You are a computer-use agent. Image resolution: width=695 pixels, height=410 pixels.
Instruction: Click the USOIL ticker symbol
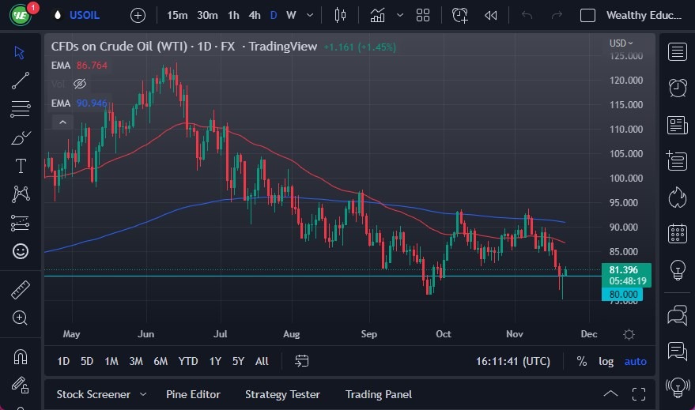(x=85, y=15)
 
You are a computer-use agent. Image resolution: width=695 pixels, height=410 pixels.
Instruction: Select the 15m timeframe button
(x=177, y=15)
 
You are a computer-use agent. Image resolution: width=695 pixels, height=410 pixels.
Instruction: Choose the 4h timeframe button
(x=254, y=15)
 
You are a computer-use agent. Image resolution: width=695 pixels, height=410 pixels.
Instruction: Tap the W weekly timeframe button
(x=291, y=15)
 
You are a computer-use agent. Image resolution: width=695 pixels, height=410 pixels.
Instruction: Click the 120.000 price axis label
(x=625, y=80)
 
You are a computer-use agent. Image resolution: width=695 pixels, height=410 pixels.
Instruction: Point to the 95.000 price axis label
(x=625, y=202)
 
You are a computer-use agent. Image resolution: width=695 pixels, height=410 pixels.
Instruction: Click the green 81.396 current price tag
(x=625, y=269)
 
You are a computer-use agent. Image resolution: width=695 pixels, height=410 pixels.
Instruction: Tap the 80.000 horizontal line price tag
(x=621, y=294)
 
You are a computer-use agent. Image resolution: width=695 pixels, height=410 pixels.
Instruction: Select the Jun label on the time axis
(x=146, y=333)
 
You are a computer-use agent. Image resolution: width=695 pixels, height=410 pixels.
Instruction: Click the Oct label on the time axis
(x=444, y=333)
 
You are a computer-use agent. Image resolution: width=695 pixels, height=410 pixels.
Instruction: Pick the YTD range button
(x=188, y=361)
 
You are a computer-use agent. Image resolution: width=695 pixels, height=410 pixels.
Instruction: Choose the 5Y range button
(x=238, y=361)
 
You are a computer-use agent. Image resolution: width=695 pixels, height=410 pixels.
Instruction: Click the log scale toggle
(x=606, y=361)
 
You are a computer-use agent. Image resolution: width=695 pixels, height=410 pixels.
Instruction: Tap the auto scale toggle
(x=635, y=361)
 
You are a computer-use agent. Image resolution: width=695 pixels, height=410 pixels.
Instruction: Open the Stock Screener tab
(x=93, y=394)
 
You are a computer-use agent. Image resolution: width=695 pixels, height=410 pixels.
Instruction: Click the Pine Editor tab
(x=193, y=394)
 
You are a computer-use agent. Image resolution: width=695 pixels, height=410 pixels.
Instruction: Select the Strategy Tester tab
(x=282, y=394)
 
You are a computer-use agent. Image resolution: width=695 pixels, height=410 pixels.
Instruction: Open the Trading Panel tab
(x=378, y=394)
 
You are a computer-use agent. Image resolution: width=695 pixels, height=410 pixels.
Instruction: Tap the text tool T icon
(x=21, y=166)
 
